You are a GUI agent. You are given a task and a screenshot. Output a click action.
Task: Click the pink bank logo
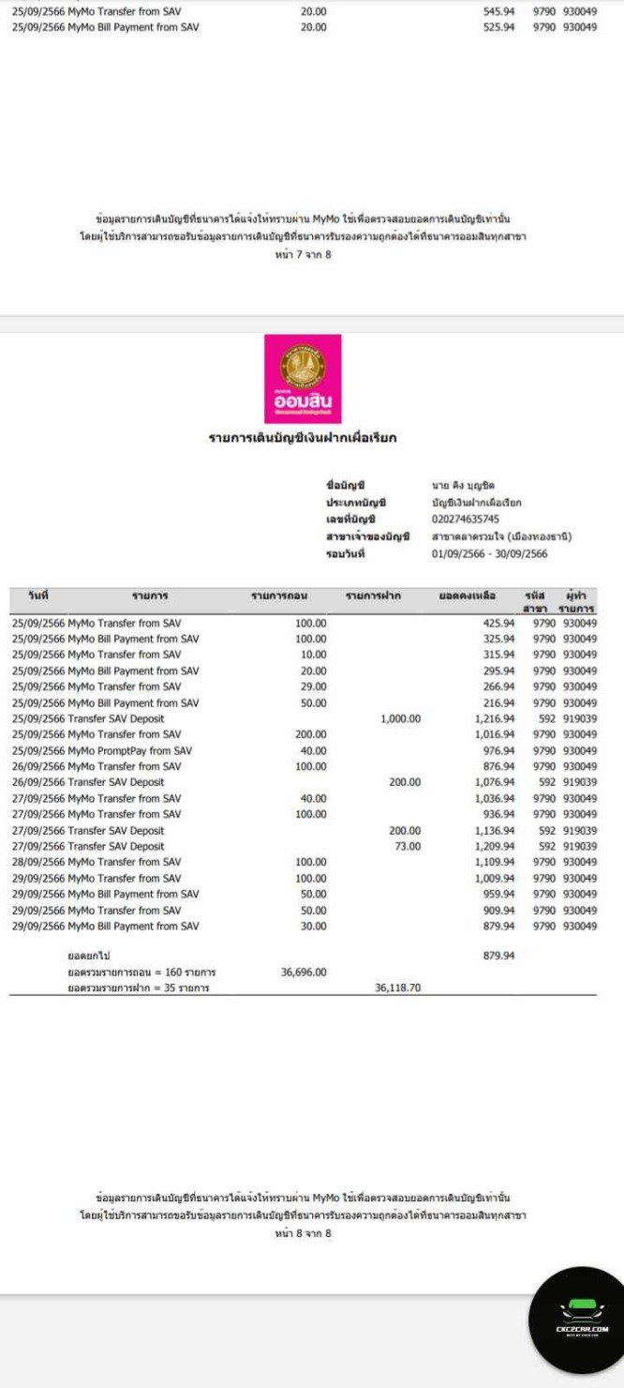(302, 378)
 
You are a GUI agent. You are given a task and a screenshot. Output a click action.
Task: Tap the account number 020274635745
(465, 519)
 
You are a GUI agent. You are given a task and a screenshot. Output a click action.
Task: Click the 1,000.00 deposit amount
(401, 718)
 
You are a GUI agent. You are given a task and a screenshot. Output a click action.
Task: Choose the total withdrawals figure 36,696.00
(304, 973)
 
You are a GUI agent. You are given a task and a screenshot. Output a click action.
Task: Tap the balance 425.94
(498, 623)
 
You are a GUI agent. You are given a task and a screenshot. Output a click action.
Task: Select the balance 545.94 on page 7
(498, 12)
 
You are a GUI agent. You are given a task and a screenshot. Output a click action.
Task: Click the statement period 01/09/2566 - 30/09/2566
(490, 553)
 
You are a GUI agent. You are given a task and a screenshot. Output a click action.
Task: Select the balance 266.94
(498, 686)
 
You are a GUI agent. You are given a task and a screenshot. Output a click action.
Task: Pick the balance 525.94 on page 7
(498, 27)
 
